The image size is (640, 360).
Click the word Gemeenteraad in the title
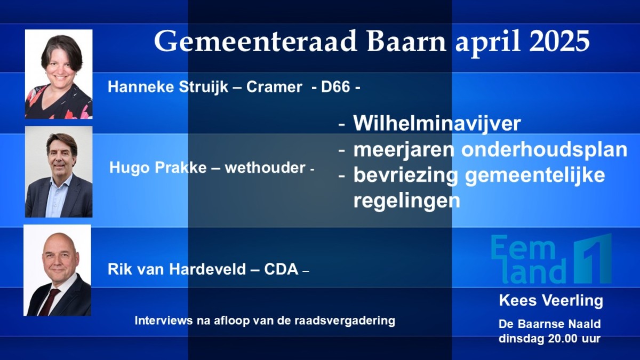point(255,41)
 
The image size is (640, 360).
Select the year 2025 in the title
point(559,41)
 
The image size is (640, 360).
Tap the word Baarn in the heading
point(406,41)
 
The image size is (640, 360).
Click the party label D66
point(335,86)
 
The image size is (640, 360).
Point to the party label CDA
point(281,269)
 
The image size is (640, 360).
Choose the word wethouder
point(265,167)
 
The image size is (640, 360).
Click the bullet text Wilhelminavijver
point(437,123)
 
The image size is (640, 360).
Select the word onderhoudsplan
point(545,149)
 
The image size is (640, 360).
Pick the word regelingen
point(406,201)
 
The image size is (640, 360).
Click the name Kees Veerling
point(551,301)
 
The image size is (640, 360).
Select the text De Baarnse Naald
point(549,324)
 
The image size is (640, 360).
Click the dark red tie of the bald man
point(49,302)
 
